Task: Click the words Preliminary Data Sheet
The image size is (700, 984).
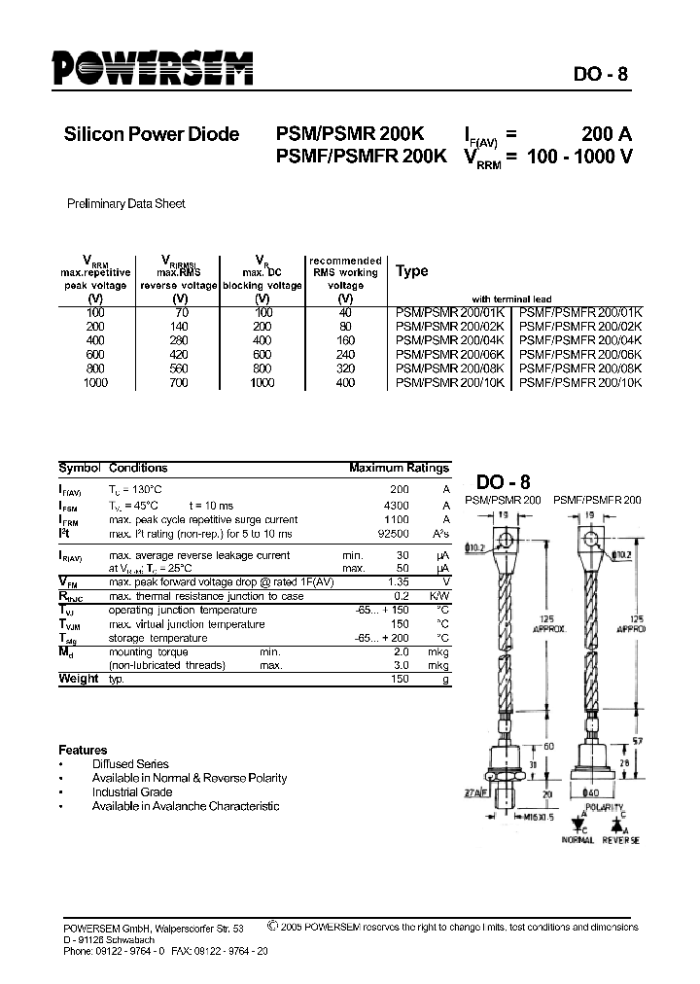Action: [x=125, y=204]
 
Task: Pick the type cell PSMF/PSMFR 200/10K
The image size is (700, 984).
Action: [x=581, y=384]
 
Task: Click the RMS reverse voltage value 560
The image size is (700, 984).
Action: [x=178, y=370]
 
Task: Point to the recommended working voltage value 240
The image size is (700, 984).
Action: [x=345, y=356]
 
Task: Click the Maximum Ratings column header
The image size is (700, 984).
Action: [x=399, y=468]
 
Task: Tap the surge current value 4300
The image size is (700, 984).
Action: [x=399, y=507]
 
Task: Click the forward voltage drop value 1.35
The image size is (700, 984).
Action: [x=399, y=581]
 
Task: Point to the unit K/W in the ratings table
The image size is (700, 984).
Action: [x=440, y=596]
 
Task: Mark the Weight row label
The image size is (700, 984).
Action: [x=78, y=679]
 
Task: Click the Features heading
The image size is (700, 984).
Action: [x=84, y=750]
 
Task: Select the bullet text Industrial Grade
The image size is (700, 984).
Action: [x=132, y=792]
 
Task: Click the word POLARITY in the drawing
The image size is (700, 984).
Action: [x=605, y=808]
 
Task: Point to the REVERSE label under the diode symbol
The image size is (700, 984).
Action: [x=620, y=839]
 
